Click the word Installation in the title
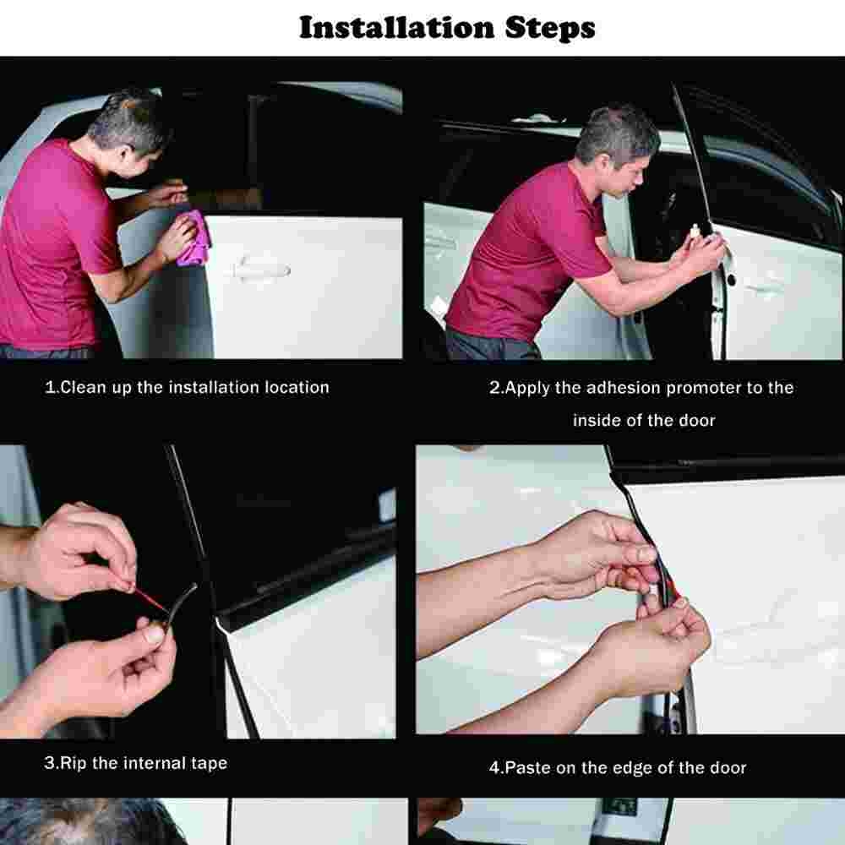[x=396, y=28]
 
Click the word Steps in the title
[x=550, y=29]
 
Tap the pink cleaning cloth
[x=193, y=239]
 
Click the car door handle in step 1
[x=263, y=269]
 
